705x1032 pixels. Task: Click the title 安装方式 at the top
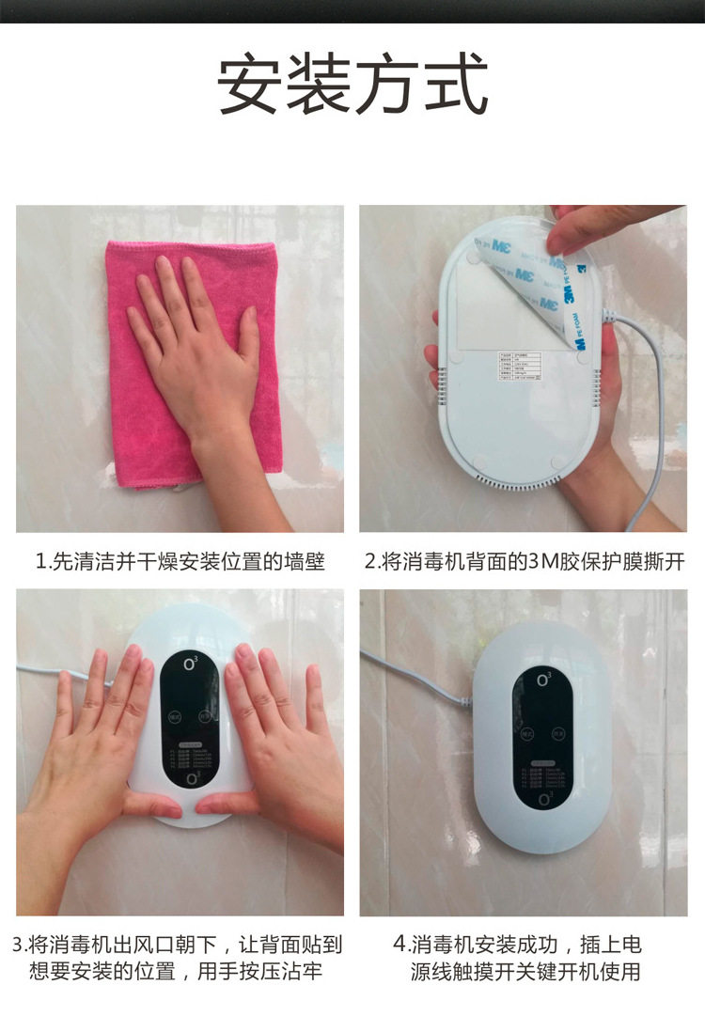pyautogui.click(x=352, y=85)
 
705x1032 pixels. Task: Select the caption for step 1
pyautogui.click(x=180, y=562)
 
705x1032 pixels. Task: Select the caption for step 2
pyautogui.click(x=524, y=562)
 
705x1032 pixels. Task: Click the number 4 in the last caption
pyautogui.click(x=399, y=944)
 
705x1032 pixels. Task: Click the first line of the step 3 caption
pyautogui.click(x=178, y=944)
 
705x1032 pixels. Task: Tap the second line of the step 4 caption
pyautogui.click(x=525, y=971)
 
